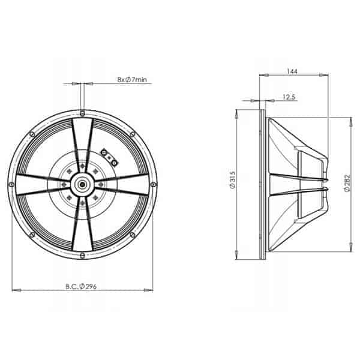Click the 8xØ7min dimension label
pos(132,80)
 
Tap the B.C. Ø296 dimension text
pos(81,287)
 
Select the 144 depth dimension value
pos(292,71)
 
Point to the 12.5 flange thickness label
pos(289,97)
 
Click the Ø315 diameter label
pos(232,180)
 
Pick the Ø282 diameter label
pos(347,183)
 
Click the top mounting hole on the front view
pos(82,113)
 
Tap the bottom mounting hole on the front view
pos(82,256)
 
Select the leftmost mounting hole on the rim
pos(11,184)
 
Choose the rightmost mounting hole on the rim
pos(154,184)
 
